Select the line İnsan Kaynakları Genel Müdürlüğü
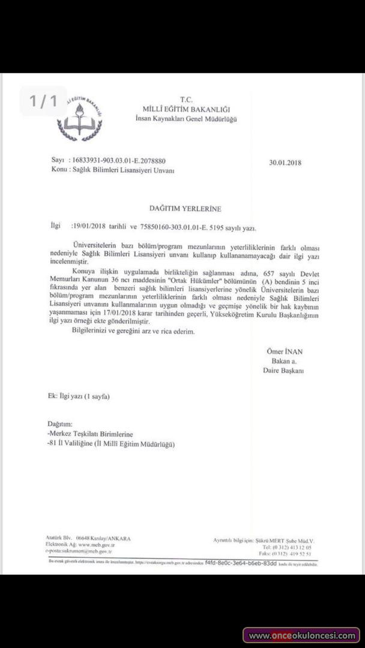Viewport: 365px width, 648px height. click(186, 119)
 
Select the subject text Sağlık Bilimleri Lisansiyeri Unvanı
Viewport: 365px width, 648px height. click(124, 171)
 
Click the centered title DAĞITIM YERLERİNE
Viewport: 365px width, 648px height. click(186, 209)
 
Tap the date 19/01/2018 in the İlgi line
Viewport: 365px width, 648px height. click(89, 227)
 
